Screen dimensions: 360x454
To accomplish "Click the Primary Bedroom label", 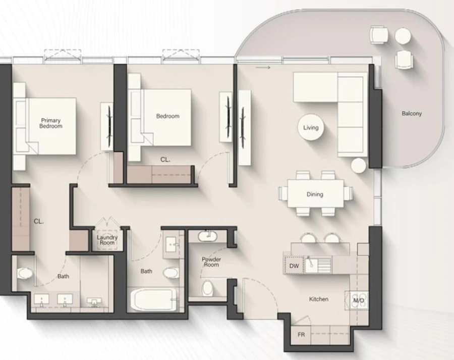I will [51, 123].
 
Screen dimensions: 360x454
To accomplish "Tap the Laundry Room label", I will [107, 240].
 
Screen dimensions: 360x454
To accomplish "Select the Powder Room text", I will [211, 262].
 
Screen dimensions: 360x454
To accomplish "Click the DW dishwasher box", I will [294, 266].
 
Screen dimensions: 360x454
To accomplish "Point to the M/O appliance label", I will [359, 301].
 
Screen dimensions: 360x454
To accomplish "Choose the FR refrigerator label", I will [301, 334].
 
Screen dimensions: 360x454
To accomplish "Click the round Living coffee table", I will [311, 127].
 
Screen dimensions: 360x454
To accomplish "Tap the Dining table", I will [315, 194].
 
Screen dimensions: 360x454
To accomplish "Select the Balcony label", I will [412, 114].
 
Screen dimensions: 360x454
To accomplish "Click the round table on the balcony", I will [403, 35].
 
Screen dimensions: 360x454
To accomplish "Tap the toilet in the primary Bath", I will [25, 273].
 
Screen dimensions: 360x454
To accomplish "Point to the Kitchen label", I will [319, 299].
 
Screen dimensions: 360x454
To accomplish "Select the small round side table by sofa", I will [359, 166].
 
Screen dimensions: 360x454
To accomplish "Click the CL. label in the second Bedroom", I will [165, 159].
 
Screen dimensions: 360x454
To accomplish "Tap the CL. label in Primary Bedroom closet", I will [38, 221].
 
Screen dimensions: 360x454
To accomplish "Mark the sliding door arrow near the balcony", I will [263, 67].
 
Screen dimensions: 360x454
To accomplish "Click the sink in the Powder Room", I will [207, 236].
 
